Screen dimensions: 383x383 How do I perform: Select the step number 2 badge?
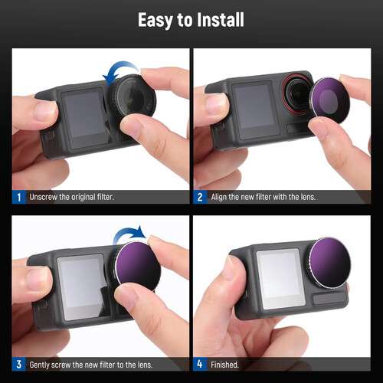pos(200,197)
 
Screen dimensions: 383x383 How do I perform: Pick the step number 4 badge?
pos(200,365)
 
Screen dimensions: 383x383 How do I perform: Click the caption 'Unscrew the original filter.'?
pos(71,197)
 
